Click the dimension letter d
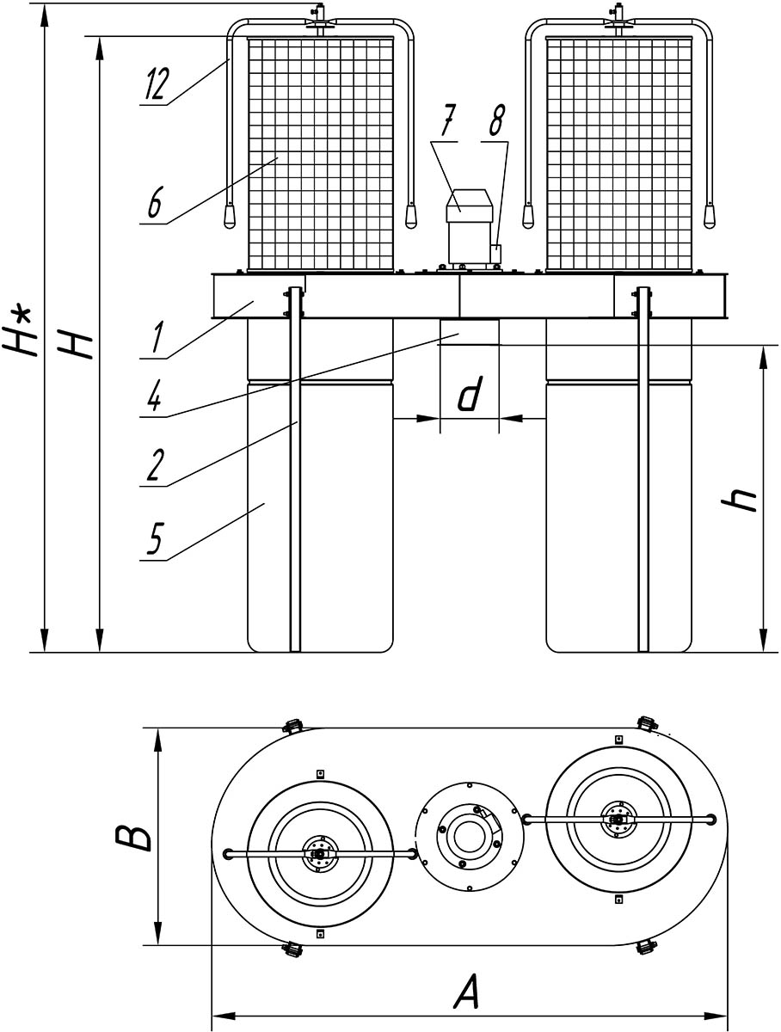[468, 396]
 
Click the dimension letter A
[466, 996]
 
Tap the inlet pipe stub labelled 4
[469, 331]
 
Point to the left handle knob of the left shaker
[230, 217]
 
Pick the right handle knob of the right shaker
[710, 217]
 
